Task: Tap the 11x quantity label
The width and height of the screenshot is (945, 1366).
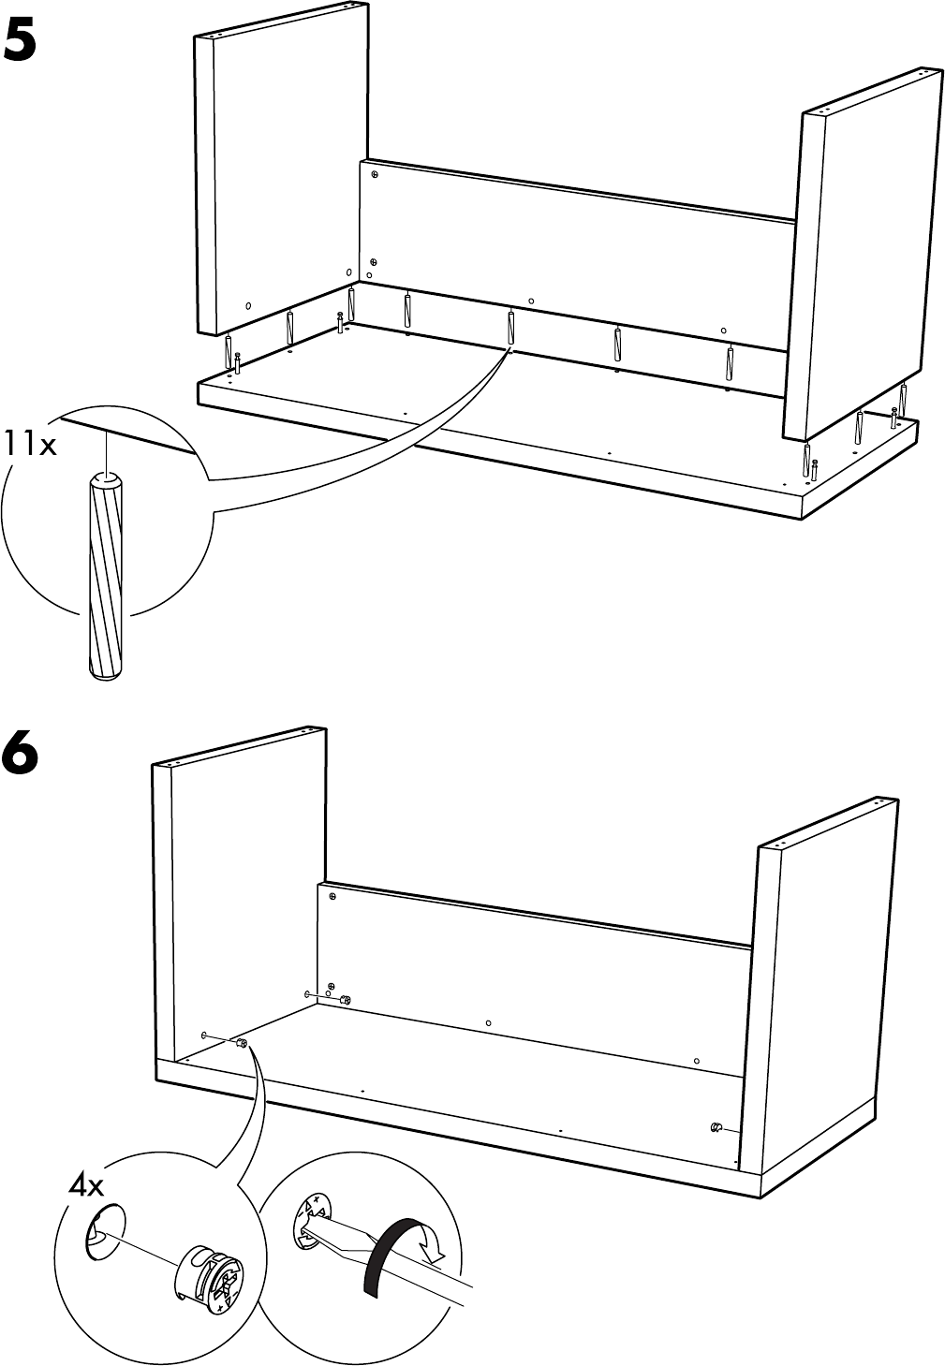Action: point(30,444)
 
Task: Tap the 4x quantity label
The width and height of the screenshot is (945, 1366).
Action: point(86,1185)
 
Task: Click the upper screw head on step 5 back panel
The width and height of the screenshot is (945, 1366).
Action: point(374,175)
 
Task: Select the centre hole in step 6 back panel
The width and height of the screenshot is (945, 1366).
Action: point(489,1022)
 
